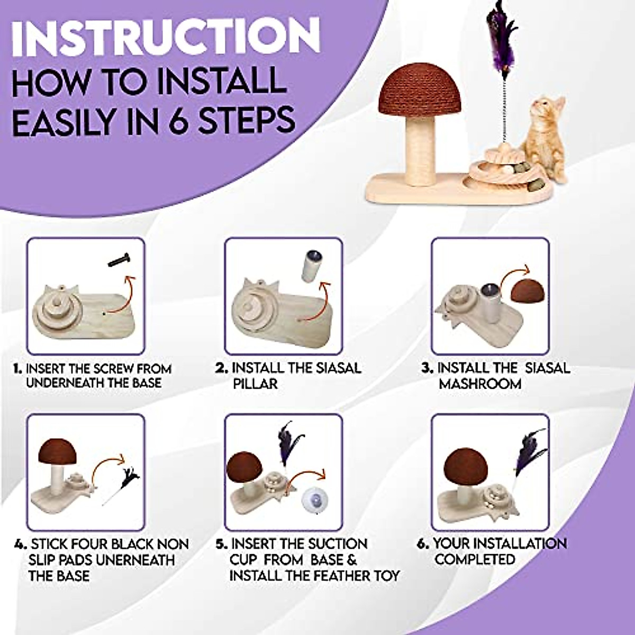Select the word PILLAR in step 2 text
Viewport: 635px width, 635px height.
(x=255, y=384)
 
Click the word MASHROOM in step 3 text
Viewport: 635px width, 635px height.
(x=480, y=384)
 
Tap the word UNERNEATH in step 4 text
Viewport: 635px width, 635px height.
(x=138, y=560)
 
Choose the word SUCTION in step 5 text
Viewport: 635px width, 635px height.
(x=333, y=544)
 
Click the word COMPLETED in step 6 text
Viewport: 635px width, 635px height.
(x=475, y=559)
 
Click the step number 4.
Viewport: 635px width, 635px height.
(x=20, y=545)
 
